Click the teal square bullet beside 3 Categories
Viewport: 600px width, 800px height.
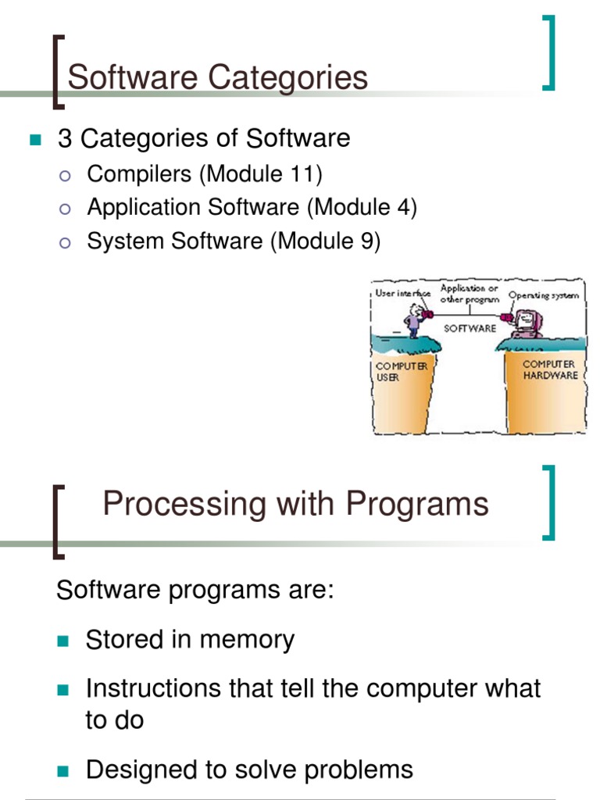click(x=34, y=141)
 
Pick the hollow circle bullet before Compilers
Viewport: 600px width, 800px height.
click(x=66, y=175)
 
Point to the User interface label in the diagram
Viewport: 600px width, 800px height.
click(x=402, y=294)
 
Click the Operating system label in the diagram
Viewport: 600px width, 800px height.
click(x=544, y=296)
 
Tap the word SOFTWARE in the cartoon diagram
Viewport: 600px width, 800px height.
click(x=470, y=328)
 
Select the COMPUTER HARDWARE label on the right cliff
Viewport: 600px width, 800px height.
click(x=550, y=370)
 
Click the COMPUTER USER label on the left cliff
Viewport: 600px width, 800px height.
click(x=401, y=371)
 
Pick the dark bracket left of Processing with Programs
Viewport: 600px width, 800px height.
click(x=57, y=522)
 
